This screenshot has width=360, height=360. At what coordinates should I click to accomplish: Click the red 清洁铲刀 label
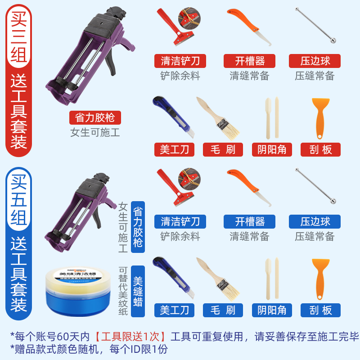tap(180, 61)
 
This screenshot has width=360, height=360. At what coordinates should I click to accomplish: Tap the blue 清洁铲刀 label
tap(180, 221)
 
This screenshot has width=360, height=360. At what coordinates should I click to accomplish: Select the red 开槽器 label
tap(250, 61)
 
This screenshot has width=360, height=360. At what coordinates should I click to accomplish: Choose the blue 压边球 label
tap(315, 221)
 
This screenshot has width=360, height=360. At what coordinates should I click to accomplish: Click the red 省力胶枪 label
tap(95, 118)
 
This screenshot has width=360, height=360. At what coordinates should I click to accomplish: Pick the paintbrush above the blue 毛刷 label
tap(218, 278)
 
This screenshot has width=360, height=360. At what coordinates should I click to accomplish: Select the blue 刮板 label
tap(321, 310)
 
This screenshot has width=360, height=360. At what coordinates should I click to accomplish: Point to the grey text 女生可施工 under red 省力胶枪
tap(95, 133)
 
